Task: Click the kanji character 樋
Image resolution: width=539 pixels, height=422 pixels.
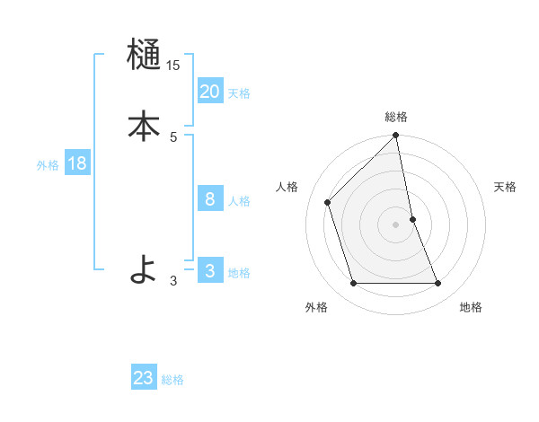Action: point(144,56)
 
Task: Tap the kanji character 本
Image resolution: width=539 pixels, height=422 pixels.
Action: point(144,127)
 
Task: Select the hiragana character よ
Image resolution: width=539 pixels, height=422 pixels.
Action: point(144,269)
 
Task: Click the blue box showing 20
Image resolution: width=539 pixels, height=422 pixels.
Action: point(209,92)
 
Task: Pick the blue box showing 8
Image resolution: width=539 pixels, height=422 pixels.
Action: point(209,199)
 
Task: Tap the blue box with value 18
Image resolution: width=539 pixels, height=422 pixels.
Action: point(76,163)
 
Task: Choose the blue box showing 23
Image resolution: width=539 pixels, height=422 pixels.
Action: point(144,378)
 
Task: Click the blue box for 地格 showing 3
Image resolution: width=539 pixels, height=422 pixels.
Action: point(209,271)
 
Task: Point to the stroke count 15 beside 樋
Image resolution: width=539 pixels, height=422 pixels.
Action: point(172,66)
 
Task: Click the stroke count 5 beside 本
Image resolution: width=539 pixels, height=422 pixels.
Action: point(173,136)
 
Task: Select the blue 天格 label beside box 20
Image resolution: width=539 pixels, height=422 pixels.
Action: point(239,93)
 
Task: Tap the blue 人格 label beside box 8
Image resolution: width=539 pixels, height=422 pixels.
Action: point(239,201)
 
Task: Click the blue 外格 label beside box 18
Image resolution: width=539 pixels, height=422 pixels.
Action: point(48,165)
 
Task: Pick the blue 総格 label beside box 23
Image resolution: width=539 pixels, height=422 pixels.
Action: point(172,380)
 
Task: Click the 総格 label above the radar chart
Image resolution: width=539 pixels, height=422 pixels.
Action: point(395,117)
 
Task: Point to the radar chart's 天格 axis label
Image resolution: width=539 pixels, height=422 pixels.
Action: point(506,187)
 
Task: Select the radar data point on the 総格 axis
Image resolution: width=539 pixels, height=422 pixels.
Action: point(395,136)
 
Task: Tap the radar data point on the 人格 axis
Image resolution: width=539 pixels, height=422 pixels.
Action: point(328,202)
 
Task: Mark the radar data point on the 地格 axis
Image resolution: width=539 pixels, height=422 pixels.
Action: point(438,284)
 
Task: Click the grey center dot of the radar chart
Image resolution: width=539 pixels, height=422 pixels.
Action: point(395,224)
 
